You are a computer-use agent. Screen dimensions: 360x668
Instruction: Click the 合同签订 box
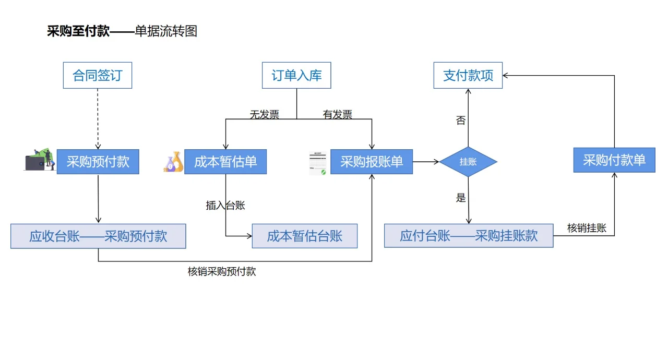tap(98, 76)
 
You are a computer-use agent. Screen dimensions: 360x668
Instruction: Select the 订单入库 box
tap(296, 76)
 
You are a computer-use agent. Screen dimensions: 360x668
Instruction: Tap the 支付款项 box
tap(468, 76)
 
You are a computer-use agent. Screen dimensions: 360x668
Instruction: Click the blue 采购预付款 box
tap(98, 162)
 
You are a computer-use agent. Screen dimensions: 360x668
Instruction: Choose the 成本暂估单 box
tap(225, 162)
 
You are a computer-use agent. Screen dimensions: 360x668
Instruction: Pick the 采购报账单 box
tap(372, 162)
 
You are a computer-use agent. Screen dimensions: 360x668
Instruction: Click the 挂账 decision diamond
tap(468, 162)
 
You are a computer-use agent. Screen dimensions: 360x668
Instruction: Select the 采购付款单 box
tap(614, 160)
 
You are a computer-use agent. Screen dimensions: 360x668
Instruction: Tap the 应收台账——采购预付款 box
tap(98, 236)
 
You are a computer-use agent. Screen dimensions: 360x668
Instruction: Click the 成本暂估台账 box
tap(305, 236)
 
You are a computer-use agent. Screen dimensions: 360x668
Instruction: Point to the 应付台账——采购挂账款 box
tap(469, 236)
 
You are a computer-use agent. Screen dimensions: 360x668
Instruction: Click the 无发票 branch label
tap(264, 115)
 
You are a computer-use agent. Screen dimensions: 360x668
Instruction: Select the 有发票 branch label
tap(338, 115)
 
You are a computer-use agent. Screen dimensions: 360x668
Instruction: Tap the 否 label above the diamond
tap(461, 121)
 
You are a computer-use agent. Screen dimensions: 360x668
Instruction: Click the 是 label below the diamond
tap(461, 198)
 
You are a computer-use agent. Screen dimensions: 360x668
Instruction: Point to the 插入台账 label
tap(225, 206)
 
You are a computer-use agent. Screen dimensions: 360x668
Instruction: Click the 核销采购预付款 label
tap(222, 272)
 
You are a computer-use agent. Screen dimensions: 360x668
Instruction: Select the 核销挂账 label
tap(587, 228)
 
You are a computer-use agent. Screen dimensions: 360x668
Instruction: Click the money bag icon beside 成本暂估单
tap(173, 162)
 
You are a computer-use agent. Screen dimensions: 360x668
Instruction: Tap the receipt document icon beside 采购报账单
tap(318, 163)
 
